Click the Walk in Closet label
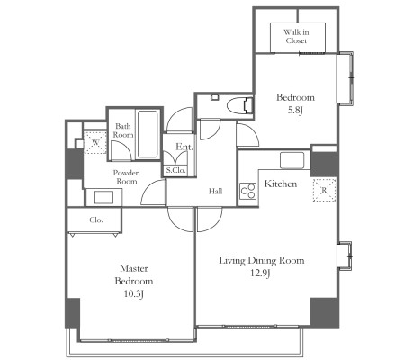coord(296,36)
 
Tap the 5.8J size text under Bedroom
coord(295,111)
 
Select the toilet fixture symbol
coord(239,105)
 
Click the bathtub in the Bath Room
coord(148,134)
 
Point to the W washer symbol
coord(95,142)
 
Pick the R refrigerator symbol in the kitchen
coord(324,190)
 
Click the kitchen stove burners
coord(248,191)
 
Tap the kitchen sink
coord(292,160)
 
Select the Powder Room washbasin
coord(103,197)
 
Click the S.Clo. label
coord(176,170)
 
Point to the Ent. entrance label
coord(184,147)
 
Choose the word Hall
coord(216,191)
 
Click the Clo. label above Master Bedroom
coord(96,220)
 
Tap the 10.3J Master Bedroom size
coord(134,293)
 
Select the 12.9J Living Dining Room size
coord(261,273)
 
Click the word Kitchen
coord(281,184)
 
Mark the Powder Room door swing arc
coord(148,188)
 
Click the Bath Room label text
coord(123,130)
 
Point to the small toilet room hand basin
coord(215,97)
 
